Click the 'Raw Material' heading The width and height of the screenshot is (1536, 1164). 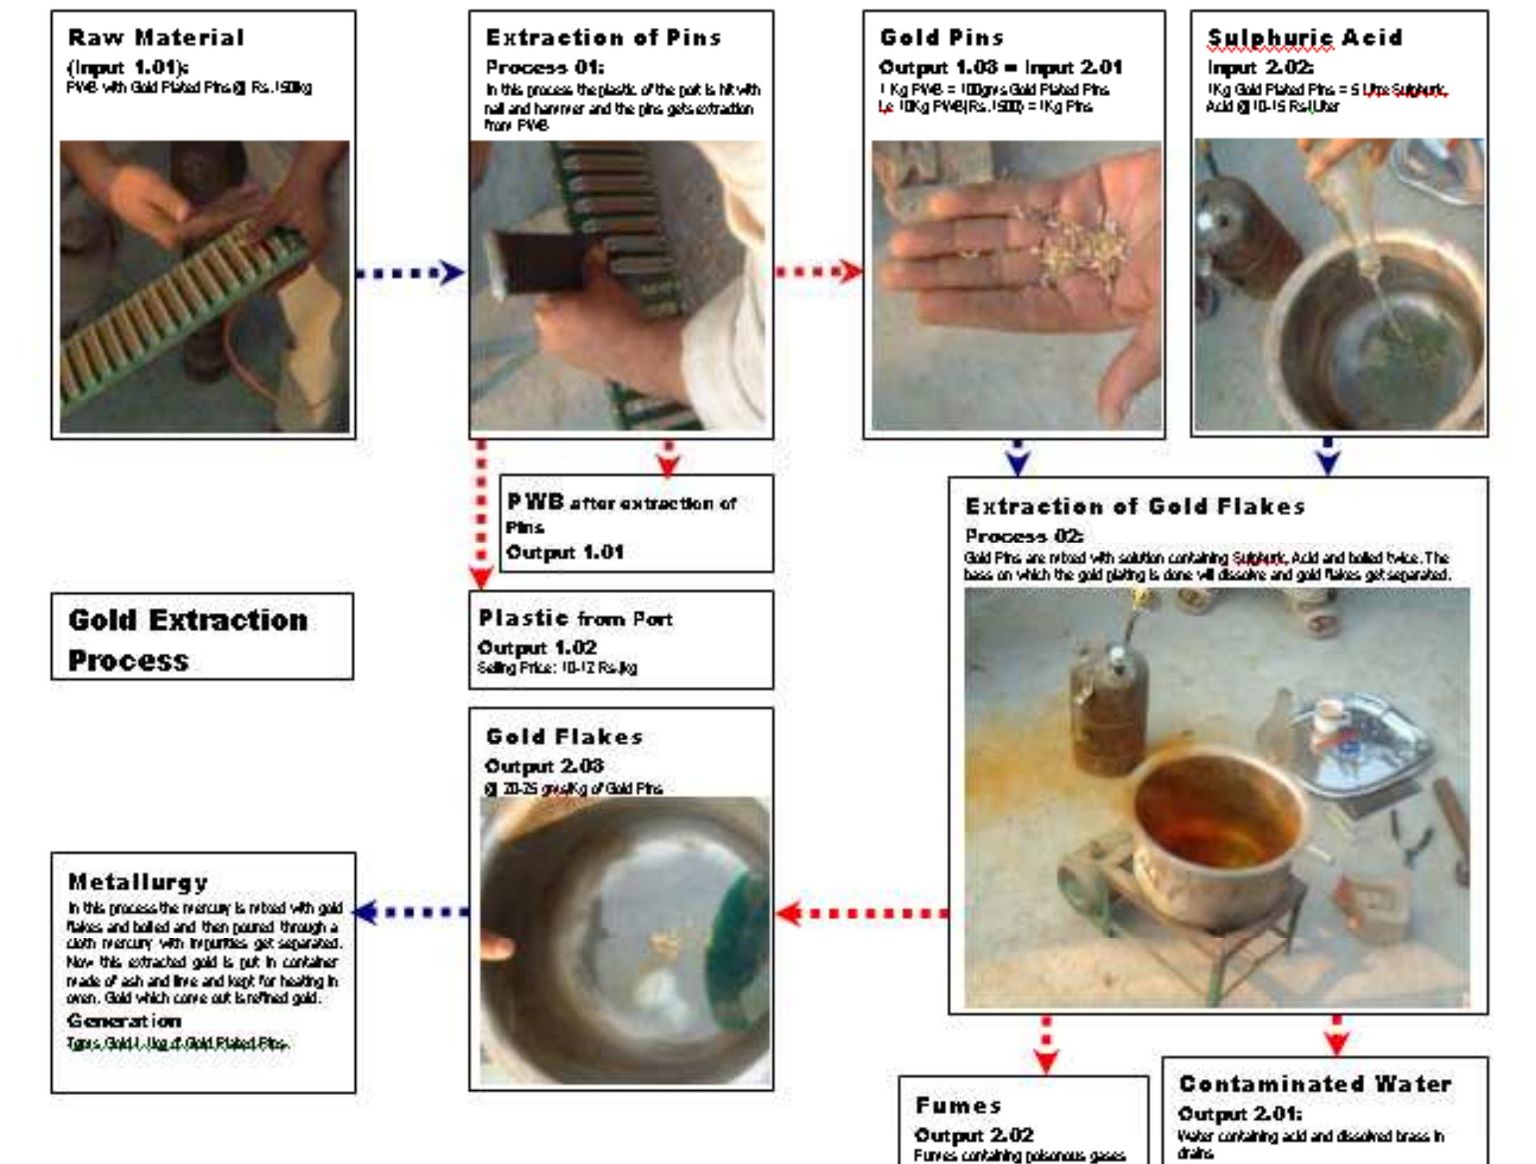tap(156, 37)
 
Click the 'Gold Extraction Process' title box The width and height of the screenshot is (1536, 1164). tap(202, 637)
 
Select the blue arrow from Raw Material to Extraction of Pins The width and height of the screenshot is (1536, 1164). tap(411, 272)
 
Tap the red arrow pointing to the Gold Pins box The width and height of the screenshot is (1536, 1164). tap(818, 271)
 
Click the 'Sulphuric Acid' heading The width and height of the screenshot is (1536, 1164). tap(1304, 37)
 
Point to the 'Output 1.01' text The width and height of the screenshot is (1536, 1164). tap(565, 553)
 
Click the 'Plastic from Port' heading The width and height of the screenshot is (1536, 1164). tap(576, 619)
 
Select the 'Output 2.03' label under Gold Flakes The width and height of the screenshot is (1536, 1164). tap(544, 766)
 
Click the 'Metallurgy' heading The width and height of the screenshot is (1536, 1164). tap(138, 882)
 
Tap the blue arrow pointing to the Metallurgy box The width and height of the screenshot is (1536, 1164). tap(411, 912)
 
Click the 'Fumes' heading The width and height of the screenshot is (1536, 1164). tap(958, 1106)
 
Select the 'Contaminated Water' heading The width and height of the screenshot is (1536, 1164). tap(1315, 1084)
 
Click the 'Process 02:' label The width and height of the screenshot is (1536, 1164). tap(1024, 536)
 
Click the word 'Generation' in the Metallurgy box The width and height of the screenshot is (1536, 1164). tap(124, 1021)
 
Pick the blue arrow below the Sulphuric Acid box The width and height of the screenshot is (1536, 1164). tap(1328, 456)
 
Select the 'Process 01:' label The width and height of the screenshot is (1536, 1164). tap(545, 67)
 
